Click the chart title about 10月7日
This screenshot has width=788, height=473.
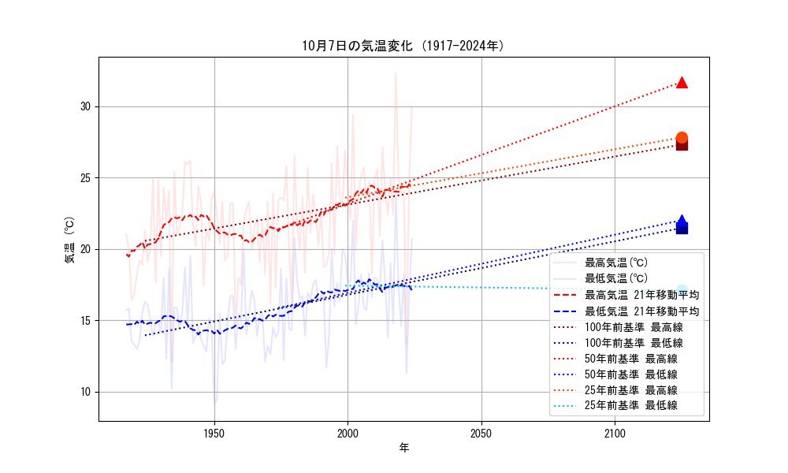click(x=403, y=46)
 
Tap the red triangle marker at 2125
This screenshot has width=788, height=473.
click(x=682, y=83)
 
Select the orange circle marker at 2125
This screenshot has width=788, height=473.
click(x=682, y=138)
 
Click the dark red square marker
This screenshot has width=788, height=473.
click(x=682, y=144)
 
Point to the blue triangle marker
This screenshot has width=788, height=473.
click(x=682, y=221)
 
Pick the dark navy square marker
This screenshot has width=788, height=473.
click(x=682, y=228)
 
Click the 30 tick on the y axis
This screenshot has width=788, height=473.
click(x=87, y=106)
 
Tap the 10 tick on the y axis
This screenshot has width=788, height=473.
click(x=87, y=392)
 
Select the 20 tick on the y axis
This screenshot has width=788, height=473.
click(x=87, y=249)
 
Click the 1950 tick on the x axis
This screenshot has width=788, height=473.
click(x=214, y=433)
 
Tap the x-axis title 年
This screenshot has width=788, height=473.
click(x=403, y=448)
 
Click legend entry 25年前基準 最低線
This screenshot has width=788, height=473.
click(x=630, y=406)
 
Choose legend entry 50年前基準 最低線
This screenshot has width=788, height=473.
click(x=630, y=374)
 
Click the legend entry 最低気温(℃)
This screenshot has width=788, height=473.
click(x=615, y=278)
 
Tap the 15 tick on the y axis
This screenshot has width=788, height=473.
click(x=87, y=320)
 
